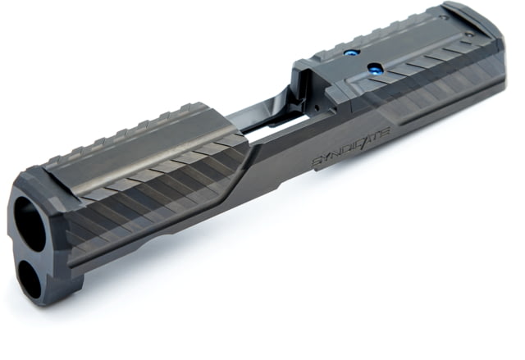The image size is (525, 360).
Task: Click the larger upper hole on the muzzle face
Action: tap(30, 224)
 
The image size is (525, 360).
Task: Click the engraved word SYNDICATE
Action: tap(351, 146)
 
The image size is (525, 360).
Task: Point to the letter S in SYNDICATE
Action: tap(318, 162)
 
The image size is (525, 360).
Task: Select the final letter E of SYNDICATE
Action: tap(384, 131)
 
